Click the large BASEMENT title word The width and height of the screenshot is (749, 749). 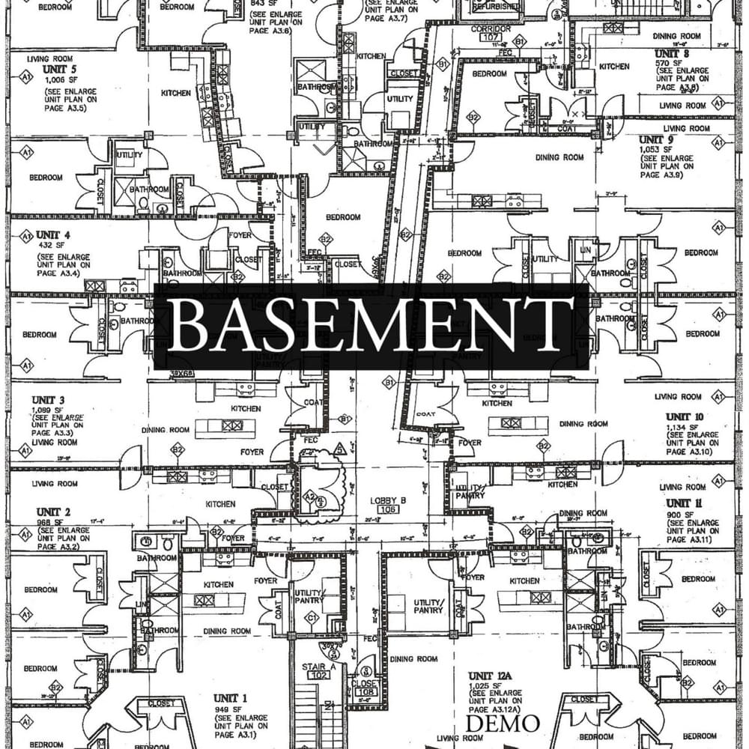coord(371,326)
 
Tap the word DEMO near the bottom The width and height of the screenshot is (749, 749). coord(503,724)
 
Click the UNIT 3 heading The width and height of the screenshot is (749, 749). coord(48,399)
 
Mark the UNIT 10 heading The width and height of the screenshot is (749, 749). coord(685,416)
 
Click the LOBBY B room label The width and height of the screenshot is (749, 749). coord(388,500)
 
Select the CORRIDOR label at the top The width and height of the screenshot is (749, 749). coord(491,28)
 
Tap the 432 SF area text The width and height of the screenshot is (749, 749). coord(50,245)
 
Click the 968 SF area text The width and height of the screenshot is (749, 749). coord(50,521)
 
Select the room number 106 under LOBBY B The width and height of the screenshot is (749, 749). coord(388,510)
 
